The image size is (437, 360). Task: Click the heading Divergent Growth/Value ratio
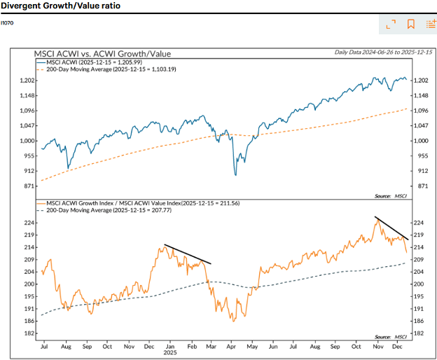(60, 6)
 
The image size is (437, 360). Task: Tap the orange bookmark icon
(410, 24)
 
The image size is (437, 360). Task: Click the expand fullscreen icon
(391, 25)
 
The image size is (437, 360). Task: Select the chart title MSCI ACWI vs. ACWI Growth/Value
(102, 53)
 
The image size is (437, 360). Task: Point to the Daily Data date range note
(383, 52)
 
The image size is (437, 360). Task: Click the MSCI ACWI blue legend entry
(90, 62)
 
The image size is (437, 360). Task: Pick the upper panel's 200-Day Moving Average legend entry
(106, 69)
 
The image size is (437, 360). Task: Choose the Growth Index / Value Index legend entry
(138, 203)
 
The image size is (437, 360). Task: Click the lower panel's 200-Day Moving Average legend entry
(104, 210)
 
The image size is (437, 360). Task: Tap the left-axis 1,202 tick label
(27, 81)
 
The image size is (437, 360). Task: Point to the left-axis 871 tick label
(29, 186)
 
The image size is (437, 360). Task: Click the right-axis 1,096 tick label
(421, 111)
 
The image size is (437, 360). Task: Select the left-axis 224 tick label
(29, 223)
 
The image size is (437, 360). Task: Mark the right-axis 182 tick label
(419, 333)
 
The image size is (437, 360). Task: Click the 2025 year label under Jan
(170, 352)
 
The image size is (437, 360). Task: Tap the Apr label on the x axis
(231, 347)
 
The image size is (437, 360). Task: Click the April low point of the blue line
(236, 175)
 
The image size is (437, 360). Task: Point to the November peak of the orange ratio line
(377, 220)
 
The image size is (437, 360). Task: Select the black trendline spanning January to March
(188, 254)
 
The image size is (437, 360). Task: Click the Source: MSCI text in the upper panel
(391, 196)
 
